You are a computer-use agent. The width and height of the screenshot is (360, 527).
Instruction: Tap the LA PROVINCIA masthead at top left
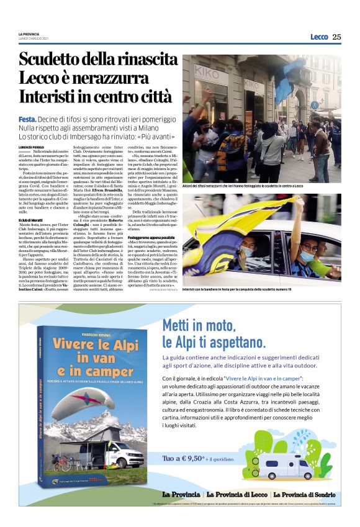tap(29, 34)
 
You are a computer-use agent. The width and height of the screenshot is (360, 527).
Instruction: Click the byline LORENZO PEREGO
tap(32, 145)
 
